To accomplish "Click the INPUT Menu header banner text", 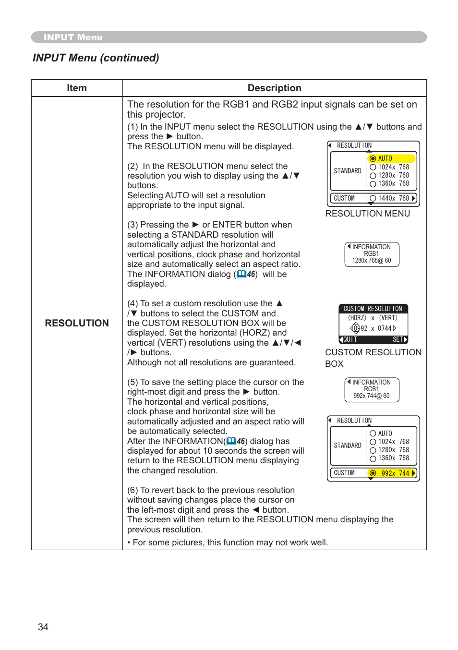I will tap(73, 37).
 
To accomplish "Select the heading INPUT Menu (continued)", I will tap(96, 58).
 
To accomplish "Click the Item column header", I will tap(77, 88).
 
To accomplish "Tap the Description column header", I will tap(274, 88).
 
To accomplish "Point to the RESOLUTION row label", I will tap(77, 323).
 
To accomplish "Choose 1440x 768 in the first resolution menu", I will tap(393, 198).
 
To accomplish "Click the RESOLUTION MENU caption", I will tap(367, 214).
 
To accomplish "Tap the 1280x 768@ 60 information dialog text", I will tap(371, 261).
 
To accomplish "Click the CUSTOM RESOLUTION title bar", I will tap(373, 309).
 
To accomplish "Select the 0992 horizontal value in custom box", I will tap(360, 328).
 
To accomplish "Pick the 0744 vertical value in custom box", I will tap(385, 328).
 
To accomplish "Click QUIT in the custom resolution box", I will tap(350, 339).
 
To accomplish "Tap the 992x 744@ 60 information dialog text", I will tap(371, 396).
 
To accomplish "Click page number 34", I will tap(43, 627).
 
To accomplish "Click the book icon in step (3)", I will tap(241, 274).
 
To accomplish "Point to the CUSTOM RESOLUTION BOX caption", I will tap(373, 358).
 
